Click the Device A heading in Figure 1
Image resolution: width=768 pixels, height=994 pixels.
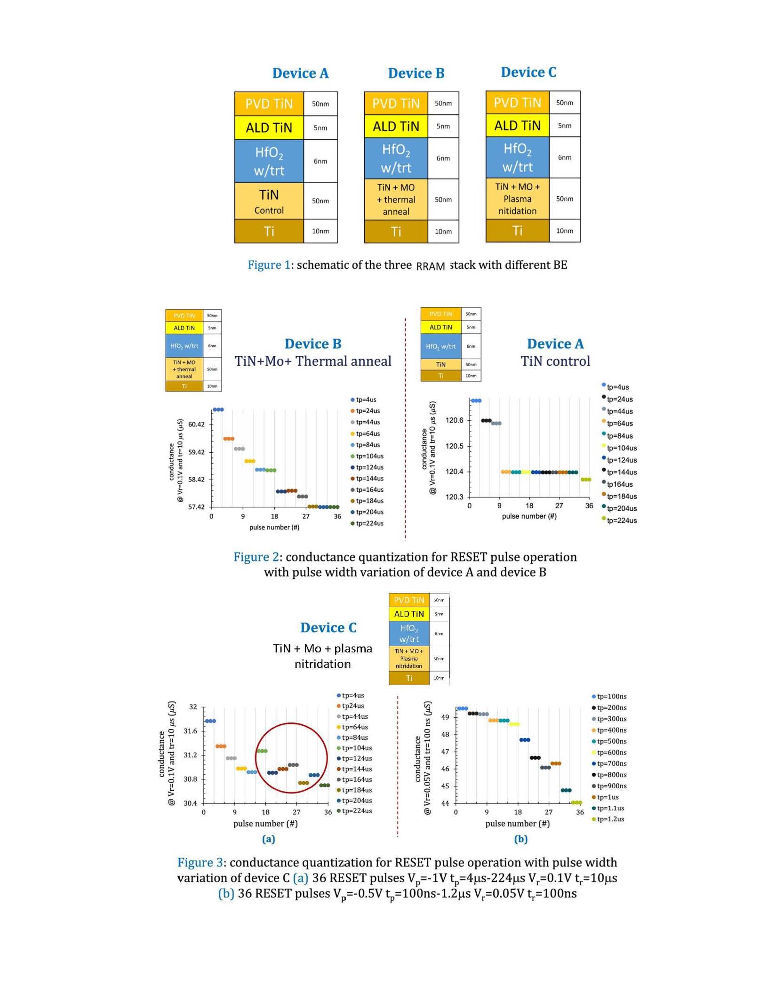pos(300,73)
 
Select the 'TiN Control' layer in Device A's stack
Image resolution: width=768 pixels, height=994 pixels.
pos(269,201)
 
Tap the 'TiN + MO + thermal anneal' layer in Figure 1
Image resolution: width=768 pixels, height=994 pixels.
pos(396,200)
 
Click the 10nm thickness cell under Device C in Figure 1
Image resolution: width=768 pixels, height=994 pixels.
pos(564,231)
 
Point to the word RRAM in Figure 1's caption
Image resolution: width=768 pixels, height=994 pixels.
pos(431,266)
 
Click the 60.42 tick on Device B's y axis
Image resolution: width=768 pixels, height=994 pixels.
pos(196,425)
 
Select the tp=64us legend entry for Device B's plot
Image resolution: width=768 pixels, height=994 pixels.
pos(368,433)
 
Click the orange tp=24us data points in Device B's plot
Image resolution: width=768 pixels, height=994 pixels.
pos(229,439)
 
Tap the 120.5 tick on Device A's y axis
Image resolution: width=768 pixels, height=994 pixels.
pos(454,446)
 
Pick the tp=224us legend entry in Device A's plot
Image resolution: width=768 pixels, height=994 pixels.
pos(621,521)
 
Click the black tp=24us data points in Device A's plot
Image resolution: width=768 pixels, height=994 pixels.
pos(486,420)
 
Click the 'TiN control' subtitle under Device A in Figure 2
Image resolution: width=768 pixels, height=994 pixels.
pos(555,361)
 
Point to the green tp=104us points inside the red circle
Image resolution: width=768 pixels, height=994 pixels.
pos(262,751)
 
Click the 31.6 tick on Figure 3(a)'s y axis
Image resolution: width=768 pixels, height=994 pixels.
pos(190,731)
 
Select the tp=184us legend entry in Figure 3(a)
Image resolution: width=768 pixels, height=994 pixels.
pos(356,790)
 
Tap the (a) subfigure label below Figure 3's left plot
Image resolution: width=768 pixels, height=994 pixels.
pos(268,839)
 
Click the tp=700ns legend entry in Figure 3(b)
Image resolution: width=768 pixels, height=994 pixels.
pos(611,763)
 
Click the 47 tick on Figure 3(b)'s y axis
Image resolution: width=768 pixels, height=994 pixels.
pos(445,752)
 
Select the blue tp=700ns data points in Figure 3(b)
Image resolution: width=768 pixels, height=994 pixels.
pos(525,740)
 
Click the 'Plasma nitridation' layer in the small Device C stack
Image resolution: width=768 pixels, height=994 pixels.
pos(409,658)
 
